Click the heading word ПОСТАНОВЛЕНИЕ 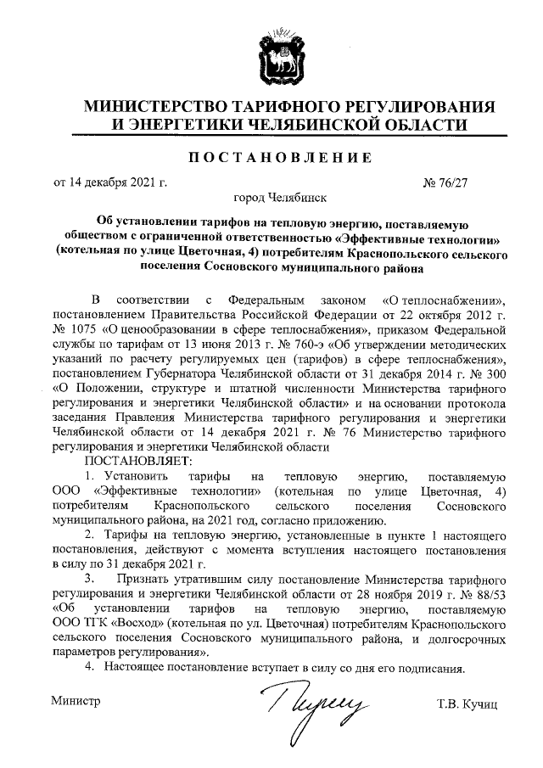[x=272, y=158]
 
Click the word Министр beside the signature [x=76, y=701]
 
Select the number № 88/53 [x=486, y=594]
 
